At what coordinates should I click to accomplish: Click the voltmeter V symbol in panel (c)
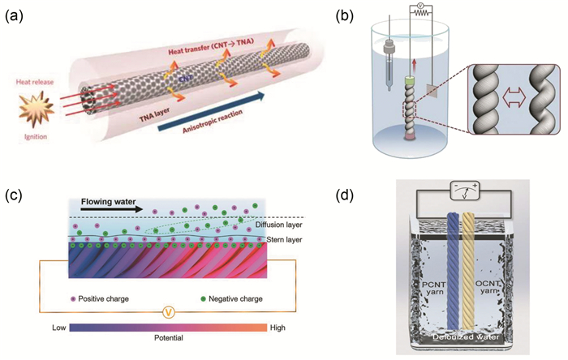pos(167,309)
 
